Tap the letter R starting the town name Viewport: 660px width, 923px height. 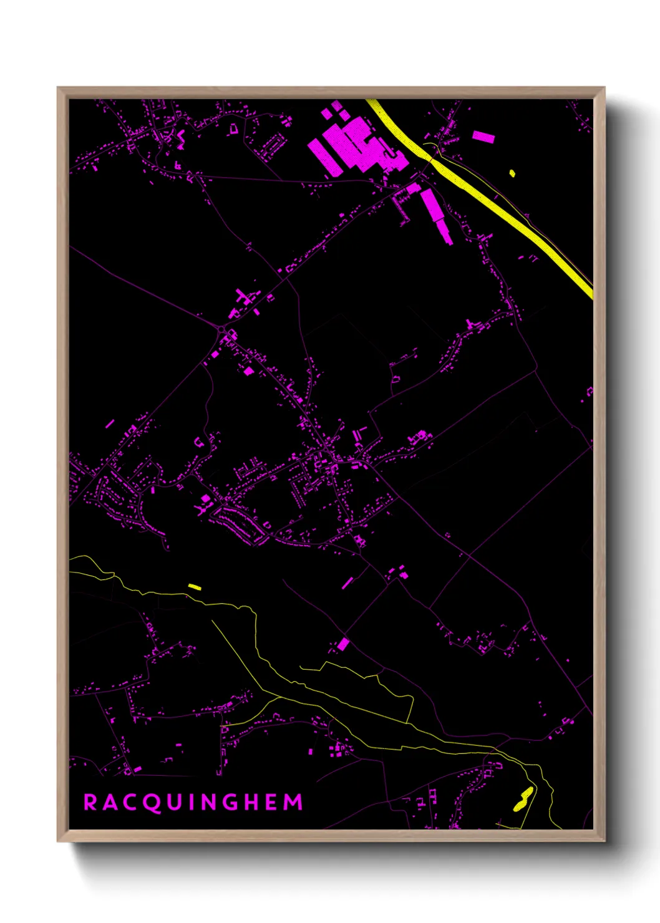pos(90,802)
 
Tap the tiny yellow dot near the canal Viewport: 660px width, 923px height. pos(512,173)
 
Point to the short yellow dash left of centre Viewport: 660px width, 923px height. pos(195,587)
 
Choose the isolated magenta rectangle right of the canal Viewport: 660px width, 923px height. pos(483,137)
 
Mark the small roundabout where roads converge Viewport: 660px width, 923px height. pos(221,328)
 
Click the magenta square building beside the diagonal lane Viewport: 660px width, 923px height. pos(343,644)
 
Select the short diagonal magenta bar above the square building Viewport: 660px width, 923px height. pos(347,583)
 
